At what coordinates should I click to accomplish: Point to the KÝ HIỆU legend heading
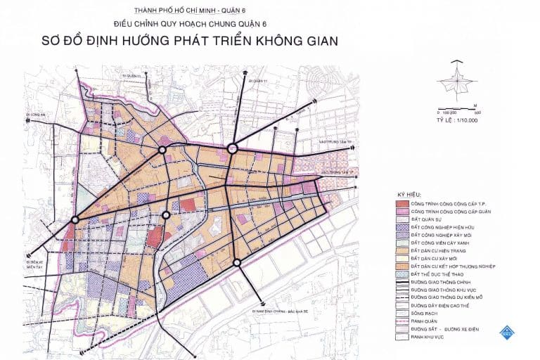tap(409, 193)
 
